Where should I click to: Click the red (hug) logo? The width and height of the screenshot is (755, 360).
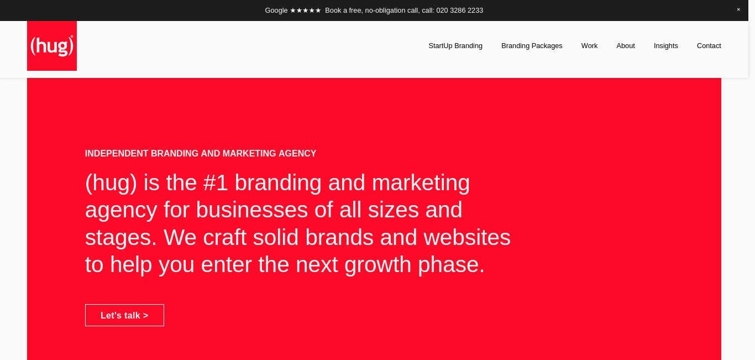pos(52,46)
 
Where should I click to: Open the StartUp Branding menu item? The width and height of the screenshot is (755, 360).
pos(455,46)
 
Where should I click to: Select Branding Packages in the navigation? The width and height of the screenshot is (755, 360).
pos(532,46)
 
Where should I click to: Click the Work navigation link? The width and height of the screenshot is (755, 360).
pos(589,46)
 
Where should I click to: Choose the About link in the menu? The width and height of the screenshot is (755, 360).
pos(626,46)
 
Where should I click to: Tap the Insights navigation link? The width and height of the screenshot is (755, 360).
pos(665,46)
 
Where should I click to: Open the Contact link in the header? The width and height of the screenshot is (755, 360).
pos(709,46)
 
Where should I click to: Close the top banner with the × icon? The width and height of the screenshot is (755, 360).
pos(738,9)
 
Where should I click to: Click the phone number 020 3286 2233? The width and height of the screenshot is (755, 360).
pos(460,11)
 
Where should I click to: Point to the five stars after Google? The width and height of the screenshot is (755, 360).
pos(305,11)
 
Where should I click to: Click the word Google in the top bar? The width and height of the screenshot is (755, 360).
pos(276,11)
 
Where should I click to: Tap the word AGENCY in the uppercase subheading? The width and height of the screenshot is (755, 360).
pos(297,153)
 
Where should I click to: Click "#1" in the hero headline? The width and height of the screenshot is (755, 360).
pos(216,182)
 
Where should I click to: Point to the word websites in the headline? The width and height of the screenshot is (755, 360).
pos(467,237)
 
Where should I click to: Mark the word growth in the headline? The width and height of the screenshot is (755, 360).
pos(378,264)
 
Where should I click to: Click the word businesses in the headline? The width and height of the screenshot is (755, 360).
pos(252,210)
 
